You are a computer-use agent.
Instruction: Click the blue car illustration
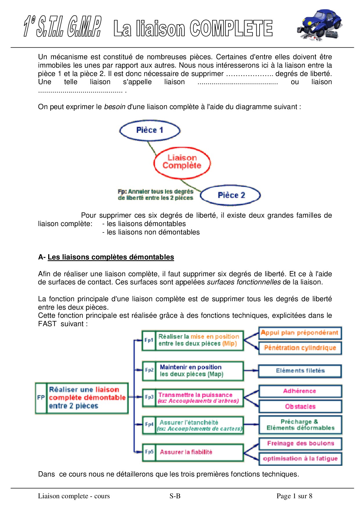[x=319, y=25]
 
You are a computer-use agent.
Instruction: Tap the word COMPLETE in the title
[x=231, y=28]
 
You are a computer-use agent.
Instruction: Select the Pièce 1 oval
[x=150, y=130]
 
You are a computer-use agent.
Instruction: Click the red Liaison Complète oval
[x=182, y=162]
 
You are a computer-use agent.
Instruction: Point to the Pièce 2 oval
[x=231, y=195]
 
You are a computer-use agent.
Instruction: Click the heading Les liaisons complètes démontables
[x=111, y=257]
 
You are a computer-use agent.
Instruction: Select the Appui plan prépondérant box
[x=300, y=333]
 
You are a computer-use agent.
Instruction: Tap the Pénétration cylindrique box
[x=300, y=348]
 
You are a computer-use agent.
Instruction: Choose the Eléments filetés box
[x=300, y=371]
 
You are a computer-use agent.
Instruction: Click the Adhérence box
[x=300, y=391]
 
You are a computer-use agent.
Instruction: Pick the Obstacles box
[x=300, y=407]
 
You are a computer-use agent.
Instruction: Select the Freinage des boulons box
[x=300, y=443]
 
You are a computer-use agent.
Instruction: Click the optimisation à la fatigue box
[x=300, y=459]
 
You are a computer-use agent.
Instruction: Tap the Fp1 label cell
[x=149, y=340]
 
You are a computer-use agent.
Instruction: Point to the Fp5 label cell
[x=149, y=452]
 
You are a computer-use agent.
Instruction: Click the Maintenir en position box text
[x=191, y=371]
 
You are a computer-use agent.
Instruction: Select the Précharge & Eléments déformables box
[x=300, y=425]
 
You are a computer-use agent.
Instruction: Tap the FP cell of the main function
[x=41, y=398]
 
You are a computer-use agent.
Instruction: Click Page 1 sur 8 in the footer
[x=294, y=496]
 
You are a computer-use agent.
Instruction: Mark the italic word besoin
[x=115, y=107]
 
